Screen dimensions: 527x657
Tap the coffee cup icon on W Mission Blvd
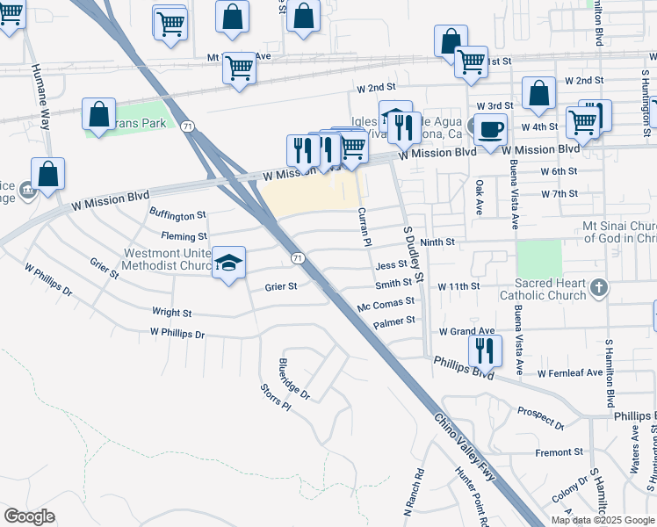tap(489, 129)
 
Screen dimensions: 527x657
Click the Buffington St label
tap(177, 214)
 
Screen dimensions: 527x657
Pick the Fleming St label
tap(184, 236)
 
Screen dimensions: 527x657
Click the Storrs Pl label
tap(275, 397)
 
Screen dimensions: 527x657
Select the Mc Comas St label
tap(386, 302)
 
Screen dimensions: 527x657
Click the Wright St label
tap(172, 312)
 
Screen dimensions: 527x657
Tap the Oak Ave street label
tap(480, 195)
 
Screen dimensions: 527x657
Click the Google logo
tap(30, 516)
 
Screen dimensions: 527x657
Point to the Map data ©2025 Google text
tap(603, 520)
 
